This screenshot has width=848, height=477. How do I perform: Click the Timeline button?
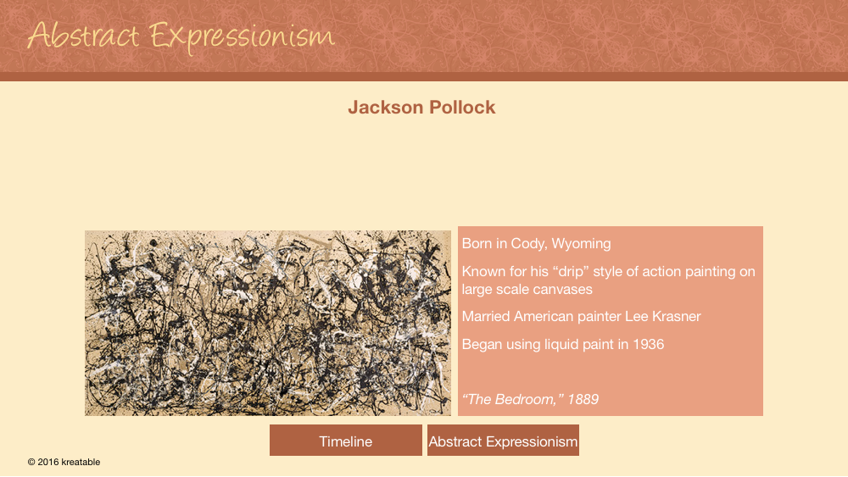click(x=346, y=441)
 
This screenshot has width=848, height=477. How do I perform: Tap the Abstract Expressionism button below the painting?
click(x=503, y=441)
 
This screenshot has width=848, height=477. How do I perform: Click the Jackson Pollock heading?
click(x=421, y=107)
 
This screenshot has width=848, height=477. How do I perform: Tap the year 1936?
click(x=649, y=344)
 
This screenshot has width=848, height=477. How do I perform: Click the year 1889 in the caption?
click(x=583, y=399)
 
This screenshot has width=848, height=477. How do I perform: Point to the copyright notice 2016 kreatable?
click(x=64, y=462)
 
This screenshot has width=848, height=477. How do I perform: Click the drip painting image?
click(x=268, y=323)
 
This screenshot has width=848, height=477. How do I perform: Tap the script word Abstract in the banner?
click(x=83, y=36)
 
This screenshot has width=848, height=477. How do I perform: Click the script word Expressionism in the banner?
click(x=242, y=37)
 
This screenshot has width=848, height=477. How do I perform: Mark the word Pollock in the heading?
click(x=462, y=107)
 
